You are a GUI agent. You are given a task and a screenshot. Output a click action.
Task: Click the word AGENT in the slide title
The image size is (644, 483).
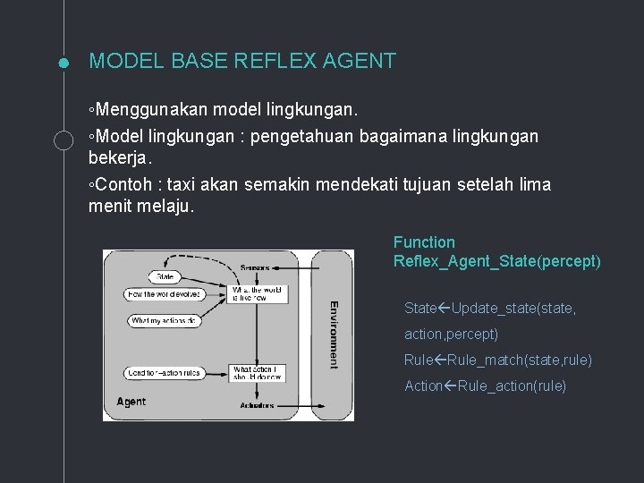coord(362,61)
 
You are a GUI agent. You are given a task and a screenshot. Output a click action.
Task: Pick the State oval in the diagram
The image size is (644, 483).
coord(162,276)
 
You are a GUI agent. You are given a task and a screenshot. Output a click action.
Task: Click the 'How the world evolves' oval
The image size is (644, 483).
coord(162,294)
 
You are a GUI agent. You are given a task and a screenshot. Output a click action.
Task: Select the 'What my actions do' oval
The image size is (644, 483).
coord(162,320)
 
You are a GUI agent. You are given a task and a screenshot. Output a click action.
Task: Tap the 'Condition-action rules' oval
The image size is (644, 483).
coord(164,372)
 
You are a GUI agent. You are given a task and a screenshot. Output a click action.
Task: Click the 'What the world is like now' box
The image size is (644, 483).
coord(258,294)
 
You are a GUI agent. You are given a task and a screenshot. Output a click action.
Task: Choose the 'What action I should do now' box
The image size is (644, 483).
coord(258,372)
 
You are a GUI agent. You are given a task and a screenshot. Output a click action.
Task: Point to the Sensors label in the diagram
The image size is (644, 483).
coord(256,267)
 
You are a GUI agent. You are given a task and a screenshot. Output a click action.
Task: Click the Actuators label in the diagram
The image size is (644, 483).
coord(257,406)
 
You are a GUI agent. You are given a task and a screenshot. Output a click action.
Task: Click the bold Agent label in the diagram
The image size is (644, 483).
coord(131,402)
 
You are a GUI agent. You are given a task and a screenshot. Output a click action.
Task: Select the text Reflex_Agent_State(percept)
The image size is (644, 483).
coord(496,261)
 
